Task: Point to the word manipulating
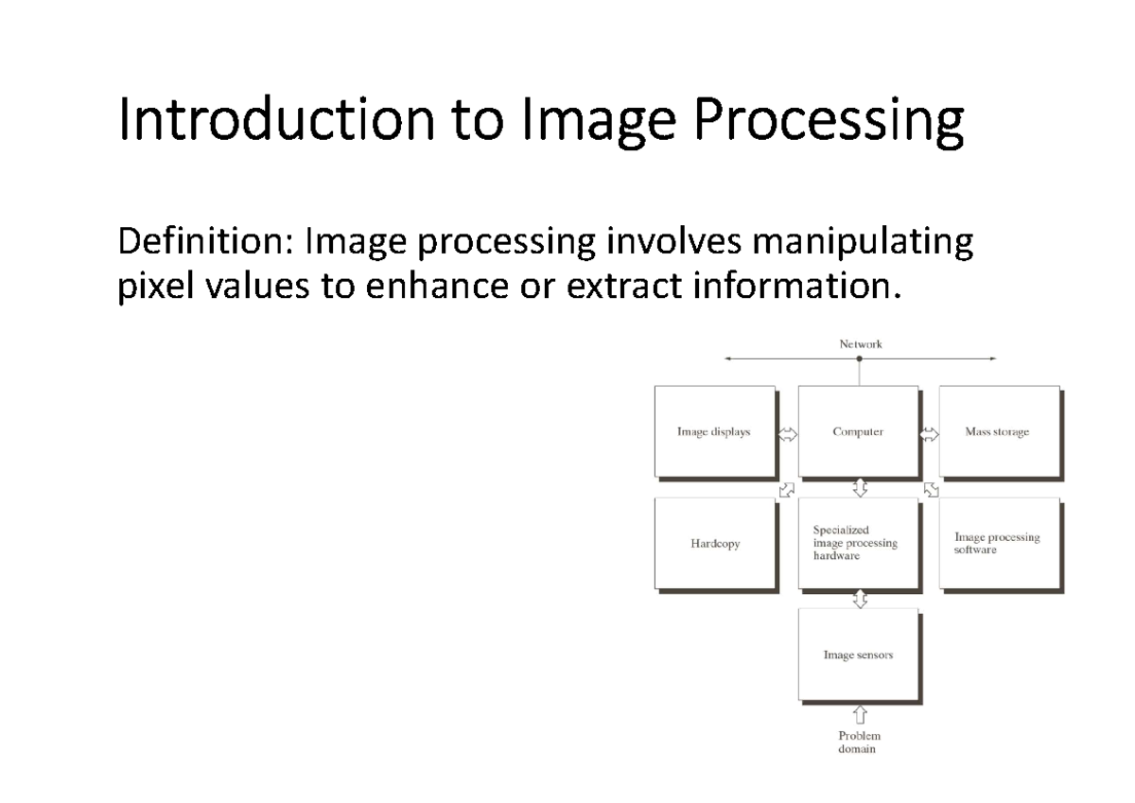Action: coord(862,245)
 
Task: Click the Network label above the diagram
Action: coord(860,344)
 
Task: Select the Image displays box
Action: coord(715,431)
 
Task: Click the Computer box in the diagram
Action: coord(858,431)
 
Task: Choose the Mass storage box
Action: coord(998,431)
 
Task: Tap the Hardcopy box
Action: coord(715,544)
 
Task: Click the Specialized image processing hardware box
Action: coord(858,544)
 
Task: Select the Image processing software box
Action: coord(998,544)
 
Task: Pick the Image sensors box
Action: coord(858,655)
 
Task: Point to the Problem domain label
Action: coord(859,742)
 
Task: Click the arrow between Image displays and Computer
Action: coord(787,434)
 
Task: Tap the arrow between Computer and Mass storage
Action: coord(929,434)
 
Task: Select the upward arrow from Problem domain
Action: coord(860,713)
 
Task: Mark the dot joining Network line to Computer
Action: coord(859,359)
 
